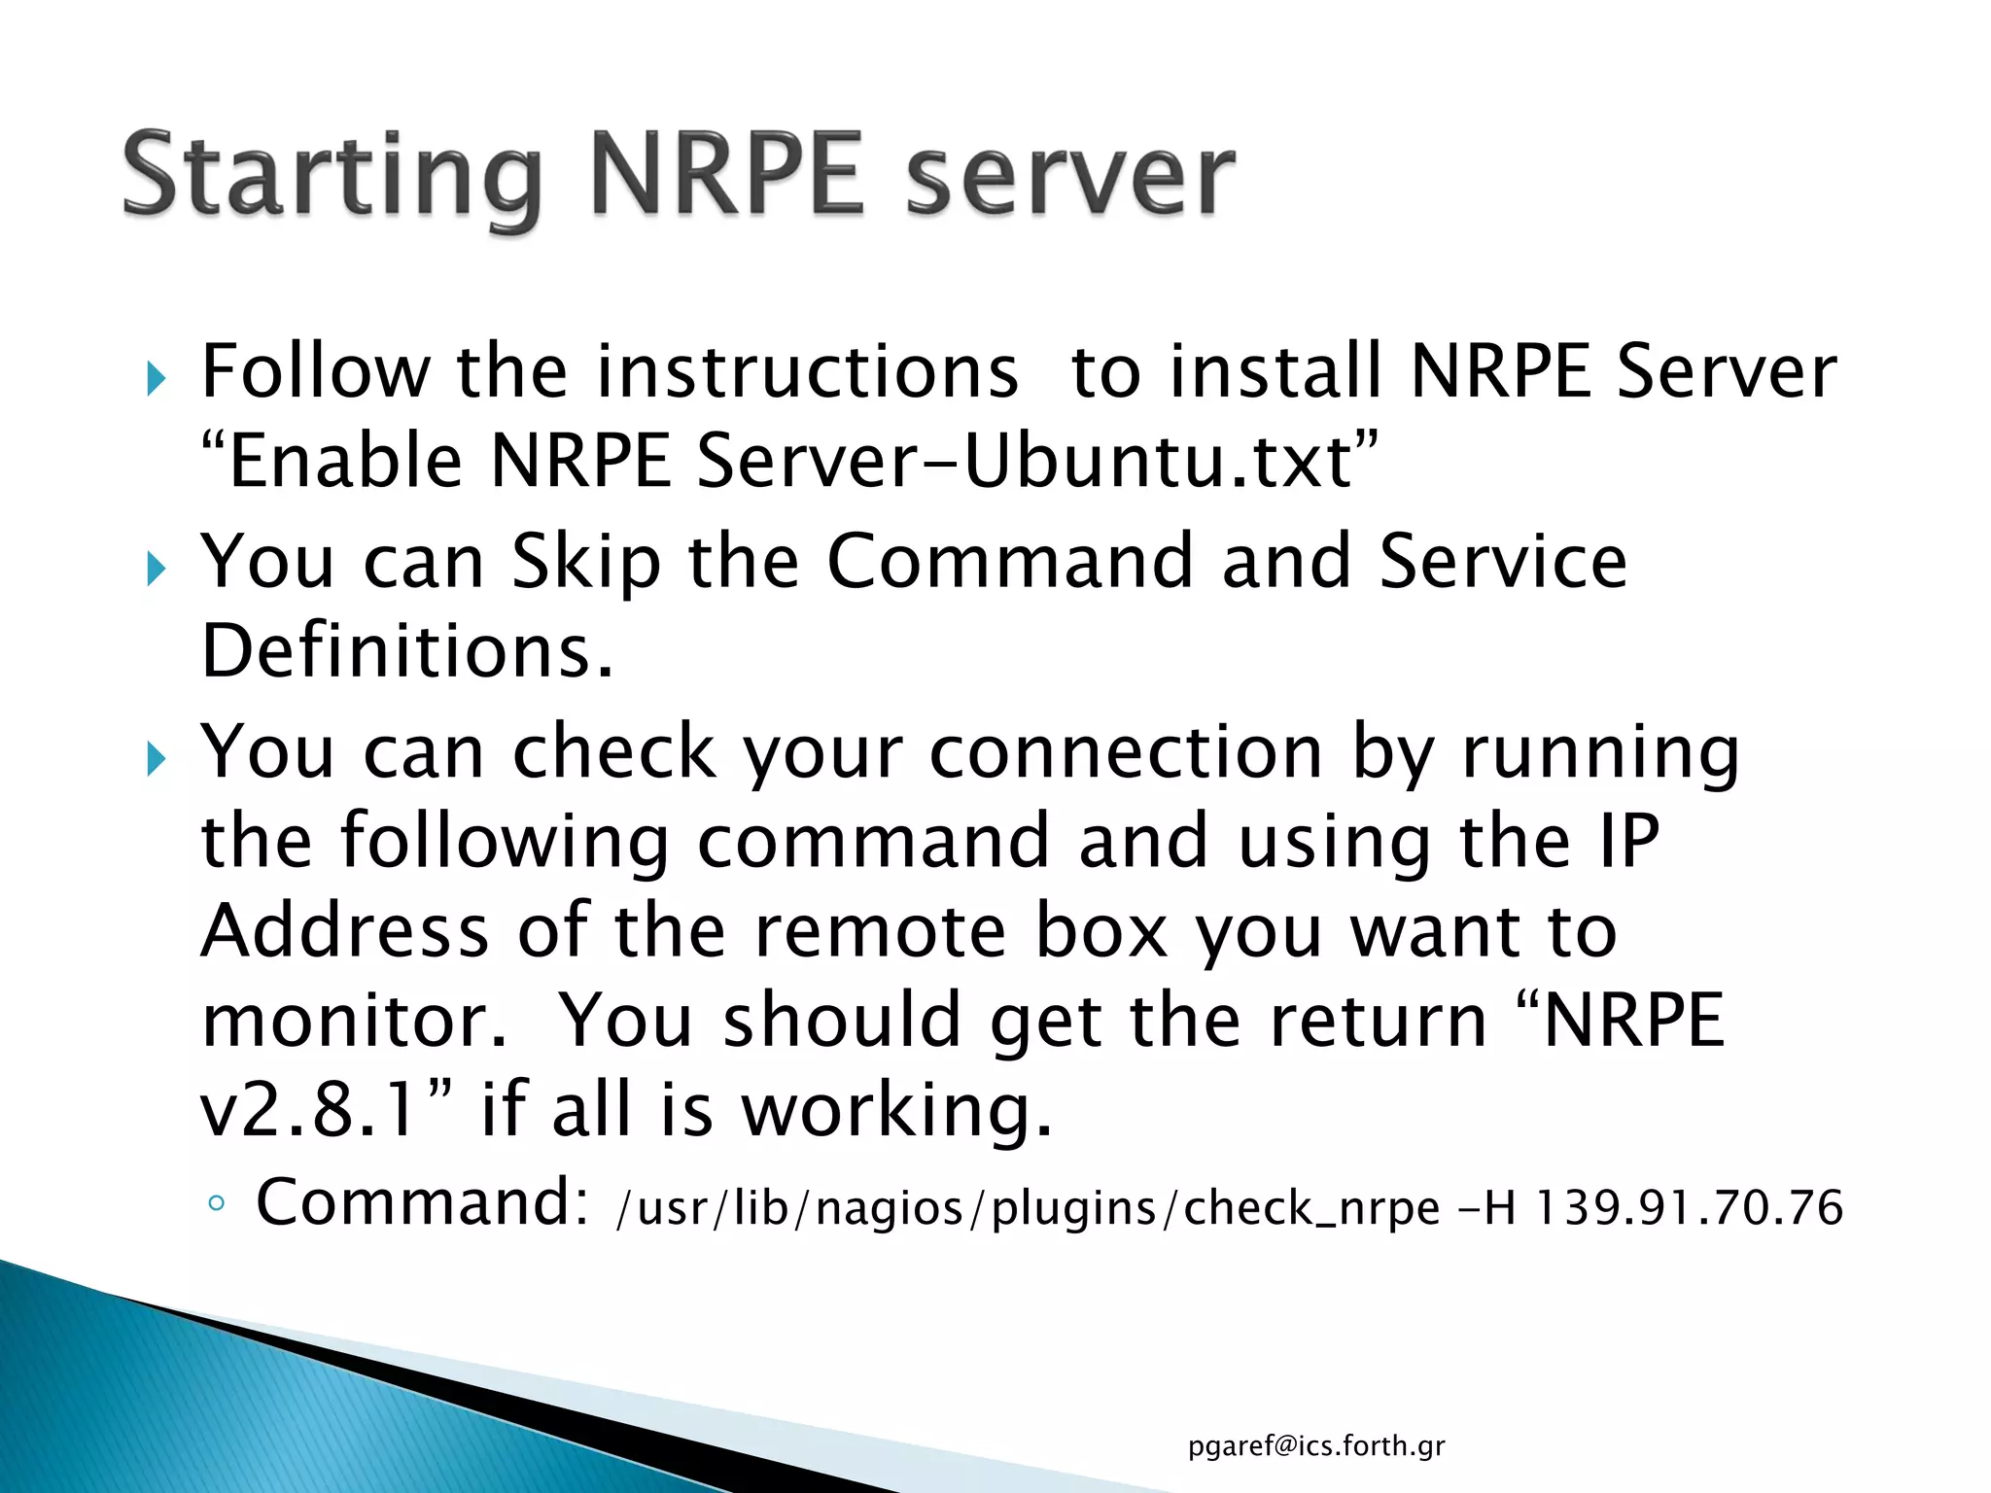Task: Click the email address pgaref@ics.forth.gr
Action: click(1316, 1446)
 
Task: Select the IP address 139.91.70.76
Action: click(1690, 1208)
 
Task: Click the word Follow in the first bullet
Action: click(314, 371)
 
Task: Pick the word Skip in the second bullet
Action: click(586, 562)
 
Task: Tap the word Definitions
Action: click(406, 651)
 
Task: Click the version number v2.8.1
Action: click(311, 1110)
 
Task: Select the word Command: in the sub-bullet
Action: click(422, 1203)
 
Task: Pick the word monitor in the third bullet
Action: click(352, 1021)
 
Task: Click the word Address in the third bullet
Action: click(344, 931)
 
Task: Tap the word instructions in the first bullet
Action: click(807, 371)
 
